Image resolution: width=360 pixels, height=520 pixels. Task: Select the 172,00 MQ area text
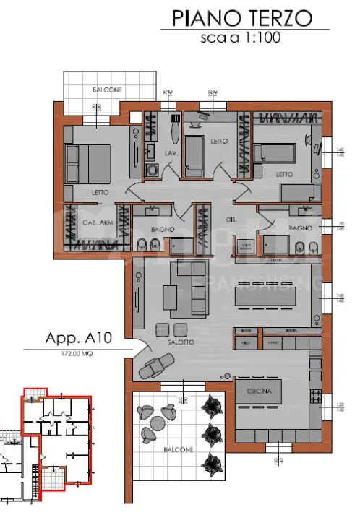pyautogui.click(x=77, y=354)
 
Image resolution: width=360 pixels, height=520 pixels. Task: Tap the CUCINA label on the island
pyautogui.click(x=257, y=391)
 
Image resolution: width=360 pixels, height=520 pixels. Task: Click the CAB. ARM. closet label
pyautogui.click(x=95, y=222)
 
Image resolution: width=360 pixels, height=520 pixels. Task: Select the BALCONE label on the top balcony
pyautogui.click(x=107, y=90)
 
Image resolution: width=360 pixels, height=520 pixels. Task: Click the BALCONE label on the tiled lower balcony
pyautogui.click(x=178, y=449)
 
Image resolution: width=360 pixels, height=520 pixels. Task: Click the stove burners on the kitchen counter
pyautogui.click(x=314, y=396)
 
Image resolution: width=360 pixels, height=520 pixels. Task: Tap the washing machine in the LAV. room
pyautogui.click(x=153, y=170)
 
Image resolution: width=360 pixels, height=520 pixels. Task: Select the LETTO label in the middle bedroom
pyautogui.click(x=219, y=142)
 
